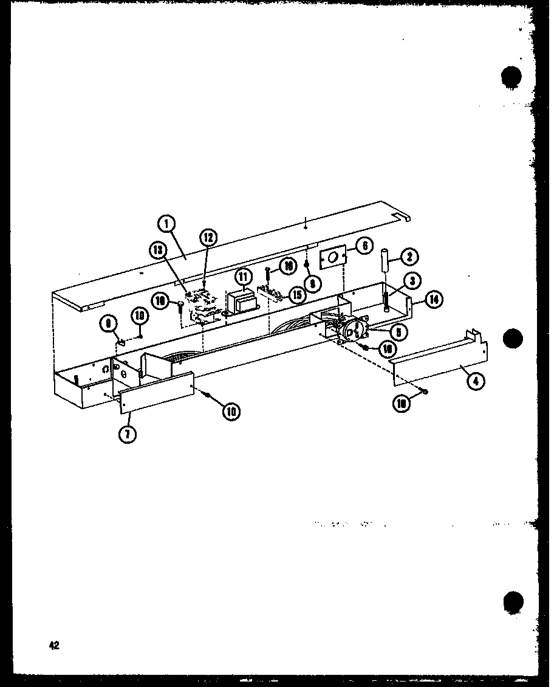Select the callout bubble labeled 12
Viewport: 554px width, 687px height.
[x=208, y=237]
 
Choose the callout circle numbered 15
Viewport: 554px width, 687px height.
[x=298, y=296]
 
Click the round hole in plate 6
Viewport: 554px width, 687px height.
[x=332, y=259]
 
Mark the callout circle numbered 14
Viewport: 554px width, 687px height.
[x=434, y=299]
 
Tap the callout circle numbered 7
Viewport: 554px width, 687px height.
[x=128, y=434]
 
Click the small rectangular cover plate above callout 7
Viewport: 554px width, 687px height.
[x=156, y=393]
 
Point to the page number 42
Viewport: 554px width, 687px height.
[x=54, y=646]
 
